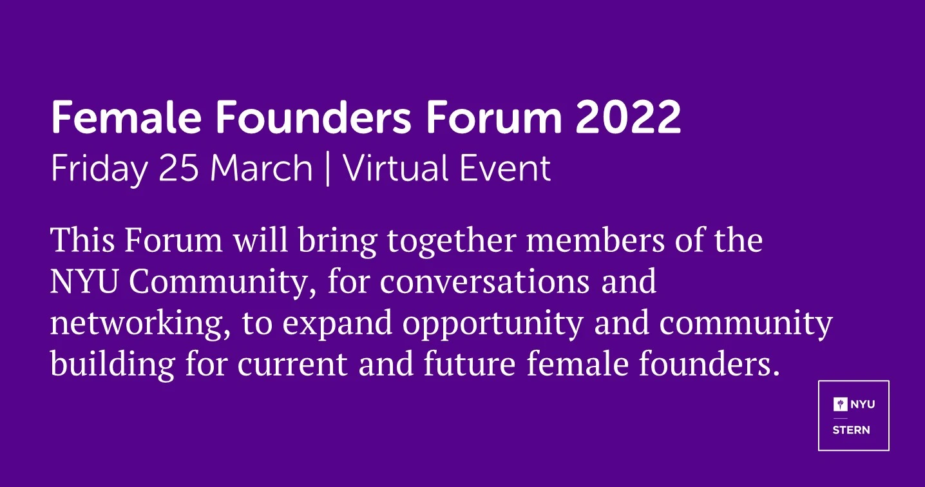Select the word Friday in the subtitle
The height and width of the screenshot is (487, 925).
[x=99, y=169]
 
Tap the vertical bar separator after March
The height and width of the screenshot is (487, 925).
[x=328, y=169]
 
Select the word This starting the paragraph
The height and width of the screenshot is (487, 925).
[x=82, y=240]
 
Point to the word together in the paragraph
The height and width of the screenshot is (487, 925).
[x=452, y=242]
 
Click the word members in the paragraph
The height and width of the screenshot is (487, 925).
[x=595, y=240]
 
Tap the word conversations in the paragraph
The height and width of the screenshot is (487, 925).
[x=484, y=282]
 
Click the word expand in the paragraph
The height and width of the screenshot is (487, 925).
[x=338, y=325]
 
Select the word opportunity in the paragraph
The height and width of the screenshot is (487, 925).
[x=493, y=325]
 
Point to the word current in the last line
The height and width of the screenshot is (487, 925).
[x=292, y=364]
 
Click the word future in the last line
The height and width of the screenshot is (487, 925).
[x=470, y=363]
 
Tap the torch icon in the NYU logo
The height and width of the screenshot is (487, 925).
[x=840, y=405]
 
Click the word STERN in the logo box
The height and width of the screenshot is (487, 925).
[x=851, y=430]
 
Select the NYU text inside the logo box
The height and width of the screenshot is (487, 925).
[x=863, y=405]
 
